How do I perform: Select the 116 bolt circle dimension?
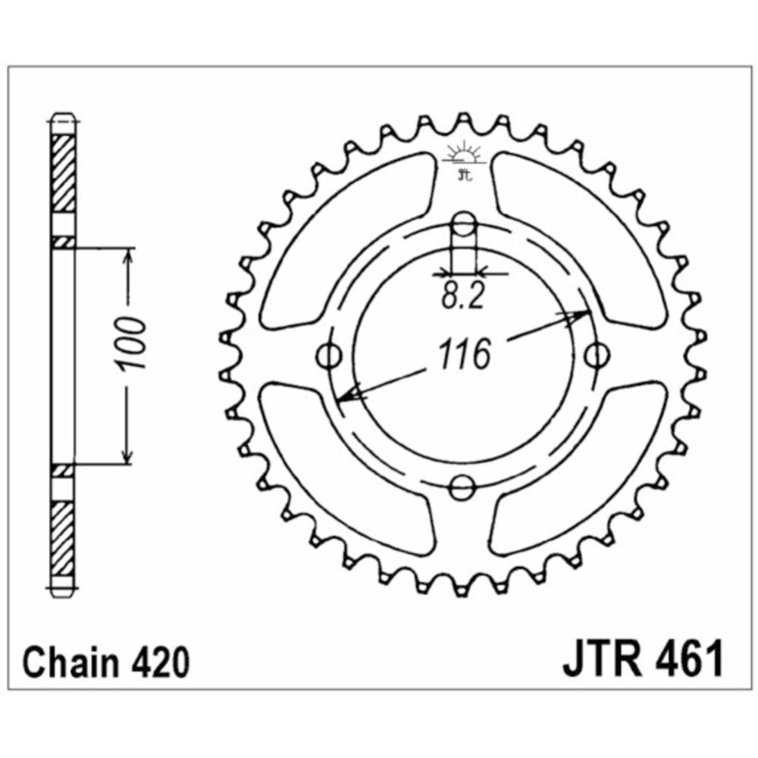tap(464, 354)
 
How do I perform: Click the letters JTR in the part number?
tap(603, 659)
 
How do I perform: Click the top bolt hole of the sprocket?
tap(463, 224)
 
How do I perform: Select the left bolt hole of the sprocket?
tap(330, 356)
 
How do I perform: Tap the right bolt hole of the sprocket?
tap(597, 356)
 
